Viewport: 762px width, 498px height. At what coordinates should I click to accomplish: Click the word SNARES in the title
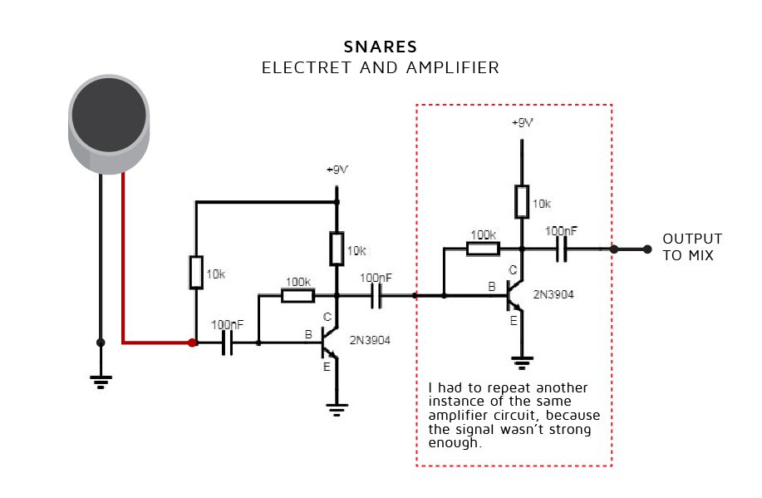pos(381,47)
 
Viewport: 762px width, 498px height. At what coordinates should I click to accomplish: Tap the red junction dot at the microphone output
pos(192,343)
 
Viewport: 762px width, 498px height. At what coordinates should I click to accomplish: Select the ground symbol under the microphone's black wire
pos(101,382)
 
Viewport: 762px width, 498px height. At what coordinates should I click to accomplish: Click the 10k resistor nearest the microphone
pos(195,272)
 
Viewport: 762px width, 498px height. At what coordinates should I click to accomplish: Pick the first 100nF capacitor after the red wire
pos(227,343)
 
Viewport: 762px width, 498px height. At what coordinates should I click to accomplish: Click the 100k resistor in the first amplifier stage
pos(297,295)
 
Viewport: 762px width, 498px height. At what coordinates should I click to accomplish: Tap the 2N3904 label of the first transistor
pos(370,340)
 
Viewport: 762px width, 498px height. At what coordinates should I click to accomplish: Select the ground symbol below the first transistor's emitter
pos(336,407)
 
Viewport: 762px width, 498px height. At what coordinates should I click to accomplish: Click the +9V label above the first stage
pos(337,170)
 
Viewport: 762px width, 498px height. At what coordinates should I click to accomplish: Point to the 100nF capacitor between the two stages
pos(376,295)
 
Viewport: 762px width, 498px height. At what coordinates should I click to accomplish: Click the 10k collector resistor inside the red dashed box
pos(521,201)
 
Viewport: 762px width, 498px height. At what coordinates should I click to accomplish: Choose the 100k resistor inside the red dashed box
pos(483,248)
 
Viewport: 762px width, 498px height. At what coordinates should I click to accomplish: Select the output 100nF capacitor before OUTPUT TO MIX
pos(562,248)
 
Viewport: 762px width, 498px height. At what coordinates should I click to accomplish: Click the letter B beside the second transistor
pos(492,287)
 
